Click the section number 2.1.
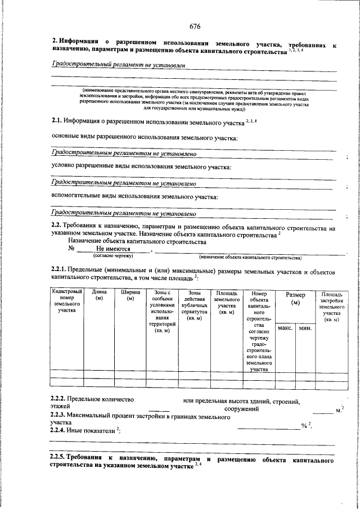(x=56, y=120)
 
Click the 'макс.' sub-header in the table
(x=285, y=328)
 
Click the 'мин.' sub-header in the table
(x=305, y=328)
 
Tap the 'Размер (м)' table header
(x=295, y=299)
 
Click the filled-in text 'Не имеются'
(x=113, y=249)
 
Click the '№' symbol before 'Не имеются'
(x=71, y=249)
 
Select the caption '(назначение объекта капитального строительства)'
(x=250, y=258)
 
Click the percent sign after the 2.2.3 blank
(x=303, y=426)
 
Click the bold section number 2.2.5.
(x=59, y=458)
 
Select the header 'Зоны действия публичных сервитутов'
(x=195, y=305)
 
